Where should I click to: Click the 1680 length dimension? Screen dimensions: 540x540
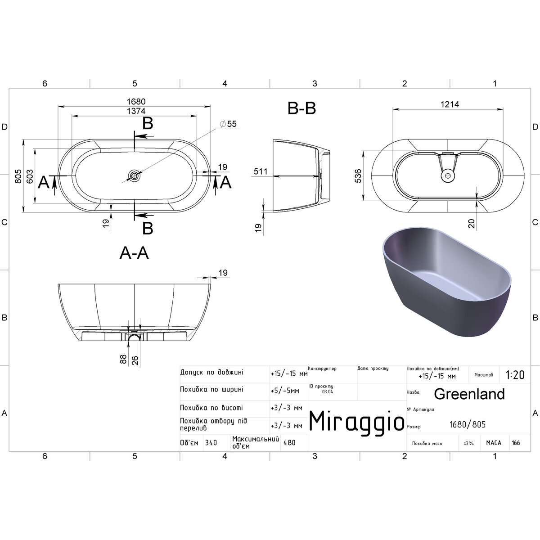coord(136,101)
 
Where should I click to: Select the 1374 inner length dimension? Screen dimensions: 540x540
coord(136,111)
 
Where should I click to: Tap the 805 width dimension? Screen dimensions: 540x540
coord(18,176)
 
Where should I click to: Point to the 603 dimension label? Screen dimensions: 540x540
coord(29,176)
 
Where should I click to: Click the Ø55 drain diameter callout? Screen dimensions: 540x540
coord(229,124)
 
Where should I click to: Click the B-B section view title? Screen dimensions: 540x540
coord(301,108)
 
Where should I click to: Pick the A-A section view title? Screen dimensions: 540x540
coord(134,253)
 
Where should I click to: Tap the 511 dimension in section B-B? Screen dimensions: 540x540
coord(261,171)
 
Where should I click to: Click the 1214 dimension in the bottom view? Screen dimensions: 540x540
coord(450,104)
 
